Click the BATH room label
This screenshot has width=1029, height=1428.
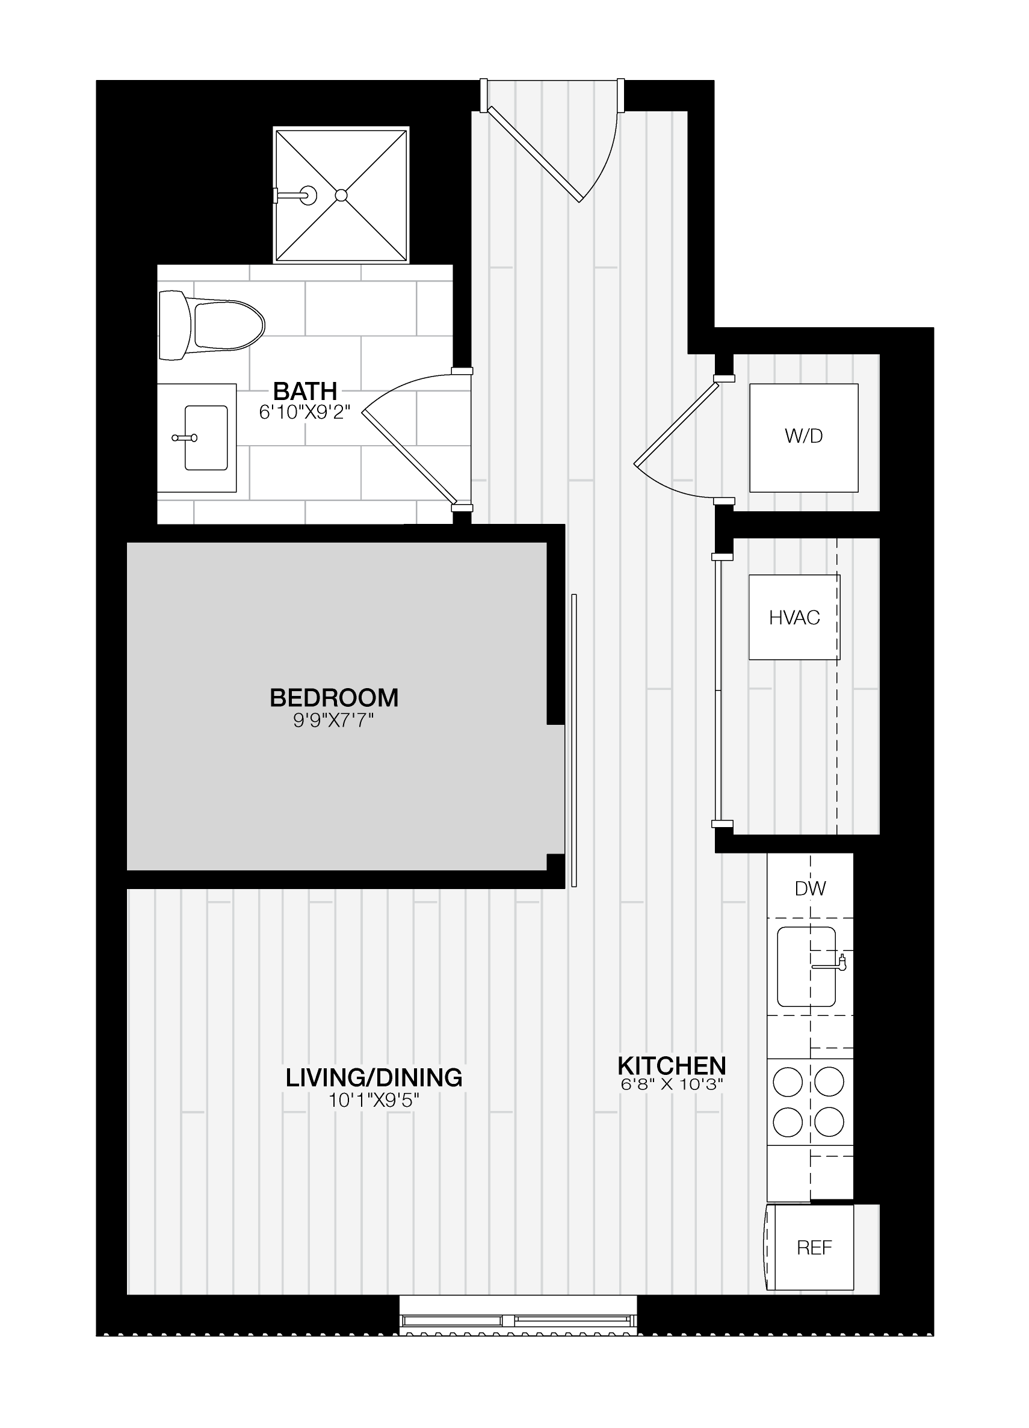(306, 391)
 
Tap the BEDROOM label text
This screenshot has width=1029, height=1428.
(335, 698)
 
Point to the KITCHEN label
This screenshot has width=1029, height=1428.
(672, 1065)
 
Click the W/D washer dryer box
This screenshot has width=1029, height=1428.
(803, 437)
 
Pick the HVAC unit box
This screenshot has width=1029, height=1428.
(794, 617)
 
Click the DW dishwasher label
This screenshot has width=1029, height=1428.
(810, 888)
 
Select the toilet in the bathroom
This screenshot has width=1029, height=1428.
(211, 325)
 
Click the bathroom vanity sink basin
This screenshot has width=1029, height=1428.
(206, 437)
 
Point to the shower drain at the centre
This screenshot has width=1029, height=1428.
(341, 195)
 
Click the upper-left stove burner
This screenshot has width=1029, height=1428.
(788, 1083)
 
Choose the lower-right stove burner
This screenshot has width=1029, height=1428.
(829, 1121)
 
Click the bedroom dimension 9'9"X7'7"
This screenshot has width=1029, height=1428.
(334, 720)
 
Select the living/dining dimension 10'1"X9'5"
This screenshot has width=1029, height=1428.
(374, 1101)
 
